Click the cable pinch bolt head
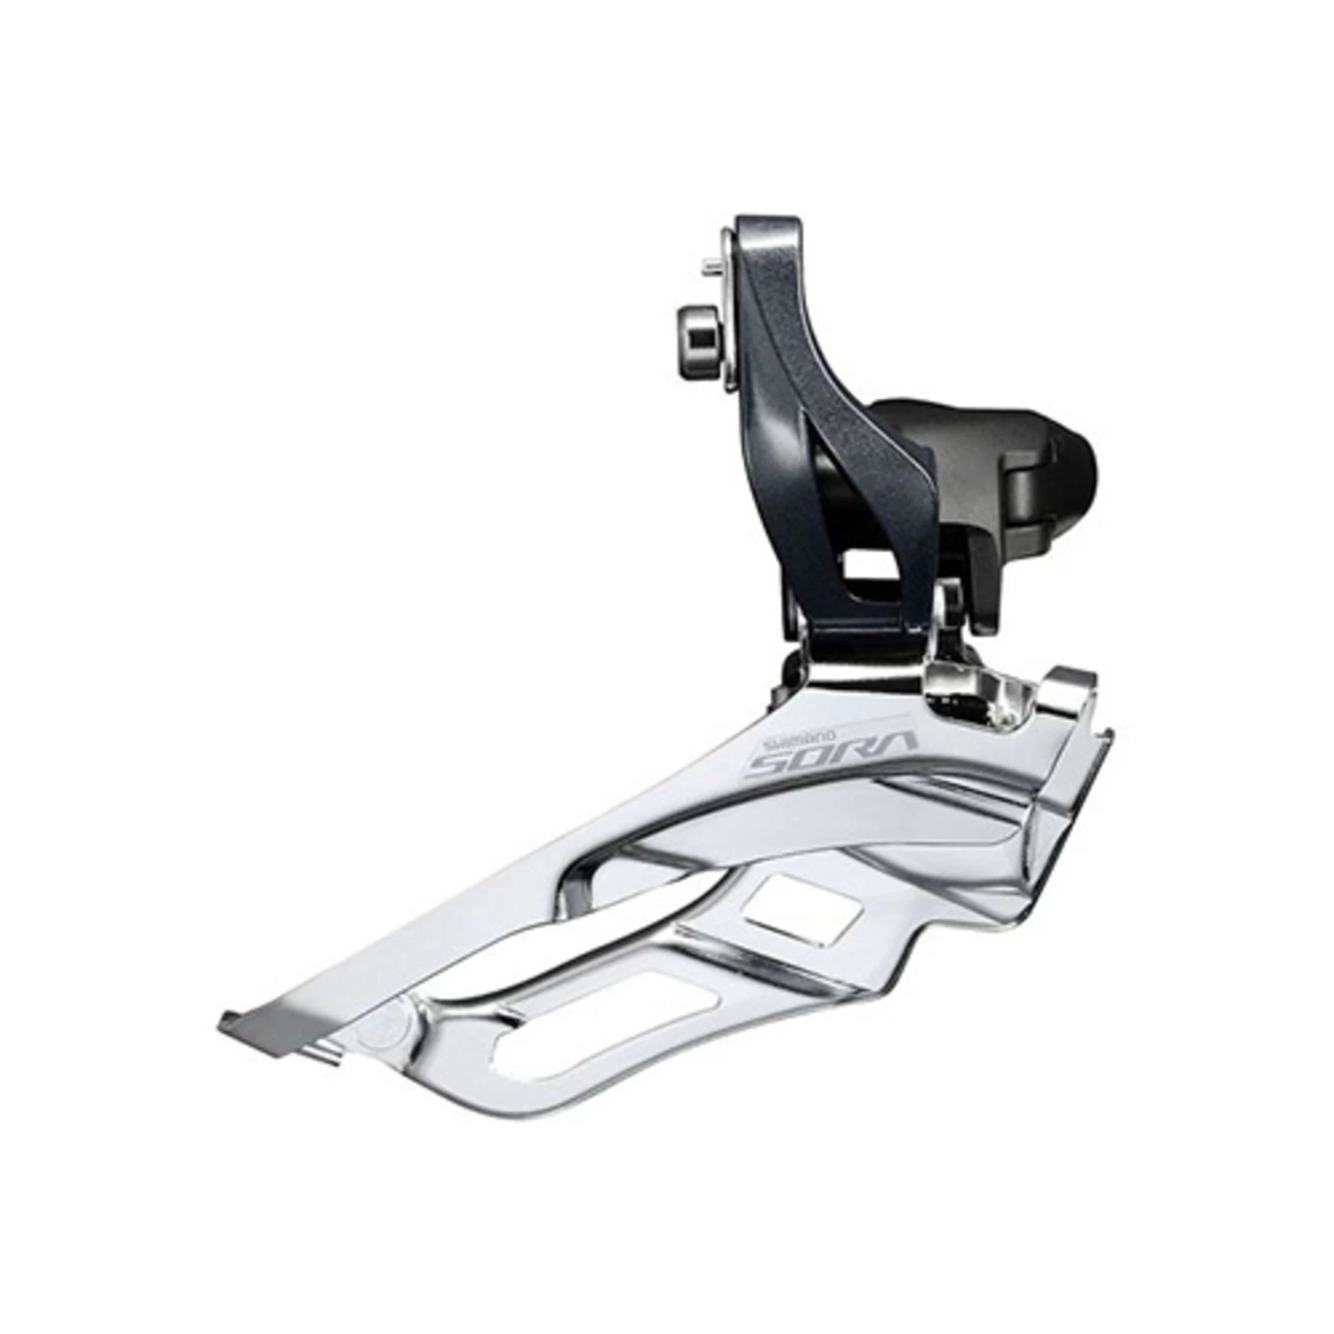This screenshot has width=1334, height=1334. pos(691,328)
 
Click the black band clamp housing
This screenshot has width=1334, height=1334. pos(1050,460)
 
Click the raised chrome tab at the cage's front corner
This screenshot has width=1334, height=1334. pos(1070,670)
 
